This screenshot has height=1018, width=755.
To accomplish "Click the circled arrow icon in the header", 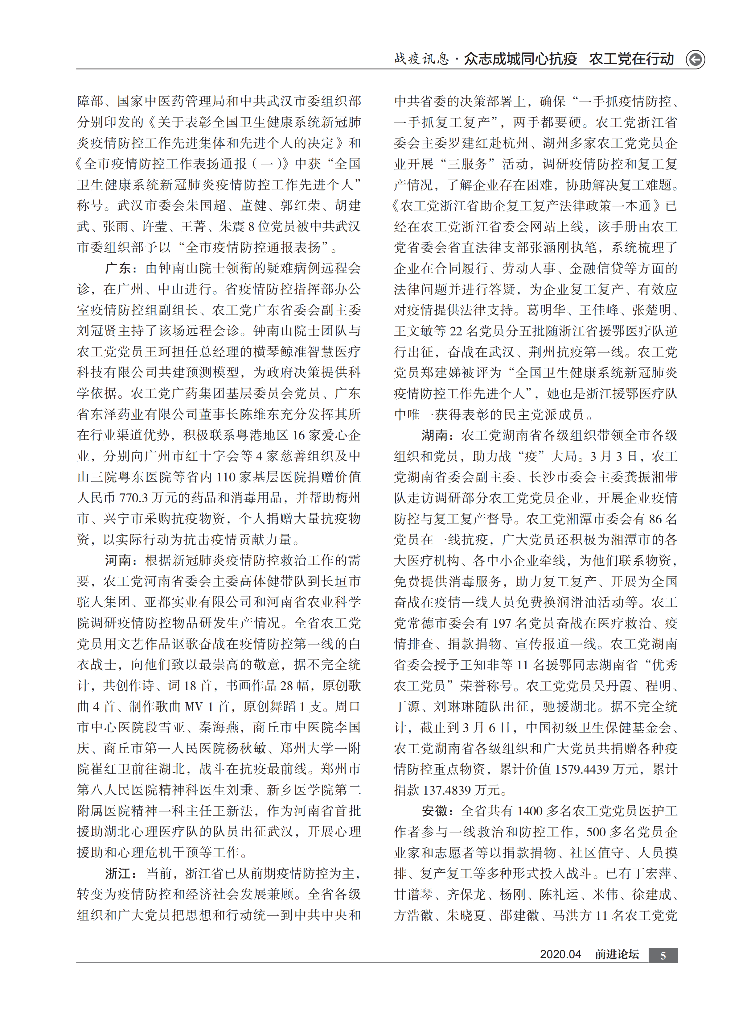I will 695,60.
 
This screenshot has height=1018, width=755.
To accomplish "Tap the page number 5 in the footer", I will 663,955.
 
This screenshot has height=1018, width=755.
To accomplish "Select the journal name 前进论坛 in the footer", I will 617,954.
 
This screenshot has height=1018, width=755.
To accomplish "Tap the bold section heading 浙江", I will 118,874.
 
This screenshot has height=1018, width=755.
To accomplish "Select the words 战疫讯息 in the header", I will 421,59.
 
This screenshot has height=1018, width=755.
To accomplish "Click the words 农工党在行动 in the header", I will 632,59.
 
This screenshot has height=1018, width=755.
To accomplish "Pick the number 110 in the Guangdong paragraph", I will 226,477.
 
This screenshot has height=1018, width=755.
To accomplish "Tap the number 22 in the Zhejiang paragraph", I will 456,331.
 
